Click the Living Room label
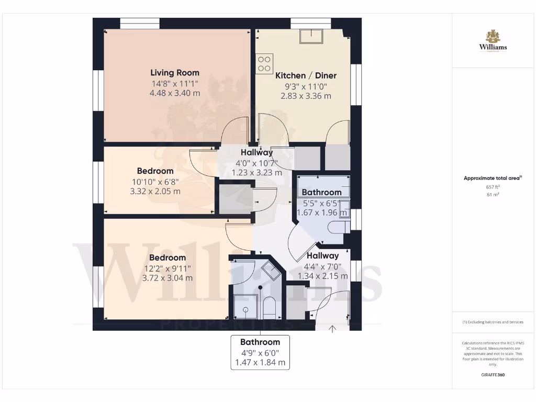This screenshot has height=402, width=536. click(x=175, y=73)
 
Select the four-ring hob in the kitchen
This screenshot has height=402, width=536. click(x=264, y=63)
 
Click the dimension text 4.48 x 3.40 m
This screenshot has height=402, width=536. click(x=175, y=93)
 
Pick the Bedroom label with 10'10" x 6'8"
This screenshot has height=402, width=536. click(x=155, y=171)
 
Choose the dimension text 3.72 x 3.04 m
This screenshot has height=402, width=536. click(x=167, y=278)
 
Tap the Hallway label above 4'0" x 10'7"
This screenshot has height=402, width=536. click(x=256, y=152)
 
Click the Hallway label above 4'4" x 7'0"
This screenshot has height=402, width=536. click(x=322, y=256)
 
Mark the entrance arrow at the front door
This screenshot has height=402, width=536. click(x=332, y=328)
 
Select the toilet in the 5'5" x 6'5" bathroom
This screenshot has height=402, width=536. click(x=340, y=227)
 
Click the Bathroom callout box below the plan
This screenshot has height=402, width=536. click(x=260, y=352)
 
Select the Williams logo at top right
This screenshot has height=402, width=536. click(x=493, y=41)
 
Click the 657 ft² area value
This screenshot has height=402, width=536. click(x=493, y=186)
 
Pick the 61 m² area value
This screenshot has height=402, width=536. click(x=493, y=194)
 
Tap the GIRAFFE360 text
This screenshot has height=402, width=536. click(x=493, y=375)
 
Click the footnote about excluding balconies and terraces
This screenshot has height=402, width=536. click(x=493, y=322)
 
